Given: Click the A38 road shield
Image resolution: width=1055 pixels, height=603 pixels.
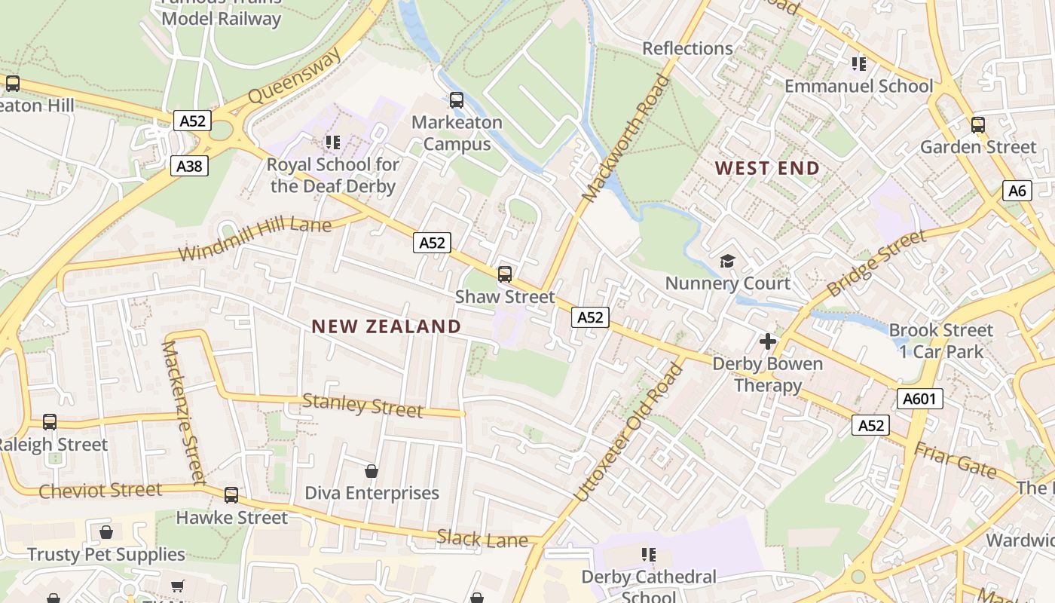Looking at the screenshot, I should click(x=189, y=166).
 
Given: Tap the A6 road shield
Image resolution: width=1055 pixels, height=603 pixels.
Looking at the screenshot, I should click(x=1017, y=191).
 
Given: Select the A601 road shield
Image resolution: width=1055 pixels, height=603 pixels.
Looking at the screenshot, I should click(x=919, y=399).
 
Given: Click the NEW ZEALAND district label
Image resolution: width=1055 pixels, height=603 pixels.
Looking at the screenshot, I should click(x=386, y=326).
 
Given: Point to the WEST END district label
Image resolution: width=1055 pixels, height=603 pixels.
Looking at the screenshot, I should click(x=767, y=168).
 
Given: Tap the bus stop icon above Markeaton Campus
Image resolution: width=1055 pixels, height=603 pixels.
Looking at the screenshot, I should click(x=456, y=99).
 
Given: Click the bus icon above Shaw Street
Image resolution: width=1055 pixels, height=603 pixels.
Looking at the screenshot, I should click(x=505, y=274).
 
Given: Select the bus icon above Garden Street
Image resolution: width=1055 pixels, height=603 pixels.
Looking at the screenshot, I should click(x=978, y=125).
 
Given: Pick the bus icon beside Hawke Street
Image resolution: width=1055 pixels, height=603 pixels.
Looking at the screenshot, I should click(x=231, y=495).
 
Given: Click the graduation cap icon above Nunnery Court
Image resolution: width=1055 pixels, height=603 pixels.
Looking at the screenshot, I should click(x=727, y=261).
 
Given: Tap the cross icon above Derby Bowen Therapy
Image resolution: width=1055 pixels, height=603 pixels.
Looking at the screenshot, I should click(x=768, y=341).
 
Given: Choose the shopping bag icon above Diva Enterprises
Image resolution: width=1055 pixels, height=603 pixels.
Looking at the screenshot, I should click(x=372, y=471).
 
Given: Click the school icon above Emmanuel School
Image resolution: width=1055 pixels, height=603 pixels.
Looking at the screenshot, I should click(x=859, y=64).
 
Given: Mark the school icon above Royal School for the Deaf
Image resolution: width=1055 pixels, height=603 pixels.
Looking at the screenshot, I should click(x=332, y=142).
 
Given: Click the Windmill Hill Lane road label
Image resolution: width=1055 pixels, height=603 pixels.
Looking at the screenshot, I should click(x=255, y=239).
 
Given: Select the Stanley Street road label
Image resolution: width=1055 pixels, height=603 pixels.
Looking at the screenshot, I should click(x=362, y=406).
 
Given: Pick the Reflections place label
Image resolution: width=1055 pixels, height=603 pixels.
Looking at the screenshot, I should click(x=687, y=48).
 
